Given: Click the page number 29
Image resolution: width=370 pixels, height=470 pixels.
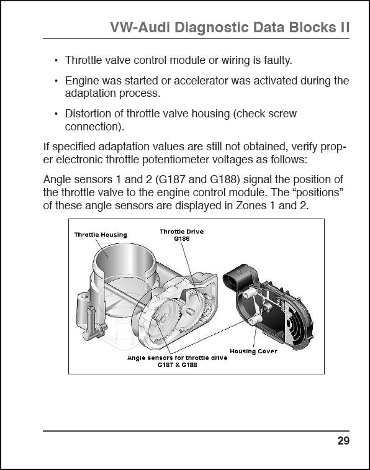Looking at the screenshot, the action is pos(343,441).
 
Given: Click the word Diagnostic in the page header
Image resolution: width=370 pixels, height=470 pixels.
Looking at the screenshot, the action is pos(212,27).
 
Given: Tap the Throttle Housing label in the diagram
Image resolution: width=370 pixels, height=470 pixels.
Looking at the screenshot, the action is pos(101,235).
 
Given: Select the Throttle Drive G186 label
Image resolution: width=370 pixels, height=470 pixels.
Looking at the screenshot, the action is pos(181,235).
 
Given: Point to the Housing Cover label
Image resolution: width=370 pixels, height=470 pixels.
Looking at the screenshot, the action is pos(253,351).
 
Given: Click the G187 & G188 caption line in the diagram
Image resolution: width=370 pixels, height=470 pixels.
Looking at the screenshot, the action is pos(178,365).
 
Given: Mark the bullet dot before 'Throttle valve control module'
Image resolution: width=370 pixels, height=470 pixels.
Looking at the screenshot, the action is pos(56,61).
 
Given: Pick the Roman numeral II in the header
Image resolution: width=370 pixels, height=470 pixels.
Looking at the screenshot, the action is pos(345,27).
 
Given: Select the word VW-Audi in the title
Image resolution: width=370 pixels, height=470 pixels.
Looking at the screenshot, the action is pos(140,27).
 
